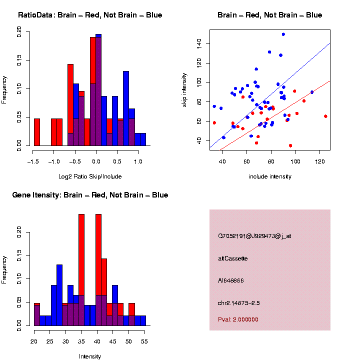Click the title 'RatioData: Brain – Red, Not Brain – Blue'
tap(90, 15)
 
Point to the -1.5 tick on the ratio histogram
tap(33, 161)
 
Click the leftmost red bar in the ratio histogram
tap(36, 132)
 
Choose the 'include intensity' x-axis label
tap(270, 176)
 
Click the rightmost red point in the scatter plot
tap(325, 116)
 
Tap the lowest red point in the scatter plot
tap(290, 145)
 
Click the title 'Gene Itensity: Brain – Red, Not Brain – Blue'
tap(90, 195)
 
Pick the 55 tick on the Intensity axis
tap(143, 341)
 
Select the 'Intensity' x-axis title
tap(90, 356)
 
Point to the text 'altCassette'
tap(233, 258)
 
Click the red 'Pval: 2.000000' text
tap(238, 319)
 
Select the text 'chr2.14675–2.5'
tap(239, 303)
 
